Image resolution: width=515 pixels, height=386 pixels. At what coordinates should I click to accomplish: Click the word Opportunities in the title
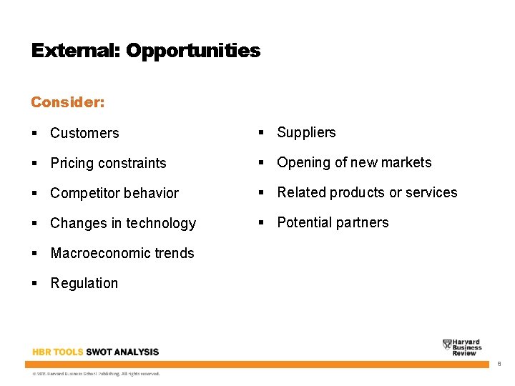[x=193, y=51]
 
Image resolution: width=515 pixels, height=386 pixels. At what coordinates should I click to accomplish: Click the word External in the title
[x=76, y=51]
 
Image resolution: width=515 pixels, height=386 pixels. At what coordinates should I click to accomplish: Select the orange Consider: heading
[x=68, y=102]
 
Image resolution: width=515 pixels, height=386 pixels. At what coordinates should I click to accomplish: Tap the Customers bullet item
[x=84, y=133]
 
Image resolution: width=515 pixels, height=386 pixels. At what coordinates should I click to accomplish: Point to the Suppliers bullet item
[x=306, y=132]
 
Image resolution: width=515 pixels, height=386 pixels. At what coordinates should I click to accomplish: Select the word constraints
[x=132, y=163]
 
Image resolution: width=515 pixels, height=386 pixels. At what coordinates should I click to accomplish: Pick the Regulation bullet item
[x=84, y=283]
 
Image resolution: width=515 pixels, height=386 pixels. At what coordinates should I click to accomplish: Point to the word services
[x=431, y=192]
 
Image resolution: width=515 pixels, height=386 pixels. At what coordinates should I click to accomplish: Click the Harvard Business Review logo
[x=462, y=347]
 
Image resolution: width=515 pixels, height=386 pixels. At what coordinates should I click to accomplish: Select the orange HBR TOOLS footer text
[x=57, y=352]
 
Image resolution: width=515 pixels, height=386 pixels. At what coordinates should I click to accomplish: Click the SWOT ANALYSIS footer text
[x=122, y=352]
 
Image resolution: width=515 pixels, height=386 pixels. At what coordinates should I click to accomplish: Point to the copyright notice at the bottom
[x=96, y=373]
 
